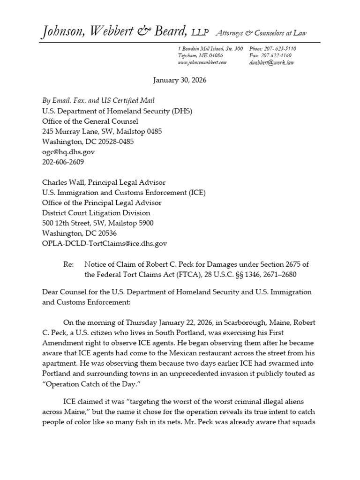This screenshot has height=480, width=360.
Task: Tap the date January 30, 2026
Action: click(x=180, y=80)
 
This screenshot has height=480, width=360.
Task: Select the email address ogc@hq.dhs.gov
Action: click(x=68, y=152)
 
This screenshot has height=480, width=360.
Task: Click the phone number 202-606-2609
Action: click(x=63, y=162)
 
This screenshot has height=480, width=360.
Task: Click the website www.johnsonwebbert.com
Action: click(x=202, y=62)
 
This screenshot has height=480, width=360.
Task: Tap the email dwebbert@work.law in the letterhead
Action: click(x=272, y=62)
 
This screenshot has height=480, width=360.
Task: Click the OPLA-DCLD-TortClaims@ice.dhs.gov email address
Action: click(x=105, y=243)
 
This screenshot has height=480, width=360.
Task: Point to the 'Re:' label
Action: click(x=68, y=264)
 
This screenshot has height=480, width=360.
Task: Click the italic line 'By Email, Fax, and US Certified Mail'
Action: click(x=98, y=100)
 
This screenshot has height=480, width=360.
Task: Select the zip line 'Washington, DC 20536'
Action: click(x=80, y=233)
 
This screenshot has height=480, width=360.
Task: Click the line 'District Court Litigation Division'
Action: click(x=95, y=213)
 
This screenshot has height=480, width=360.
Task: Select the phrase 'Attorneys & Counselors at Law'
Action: click(x=261, y=32)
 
